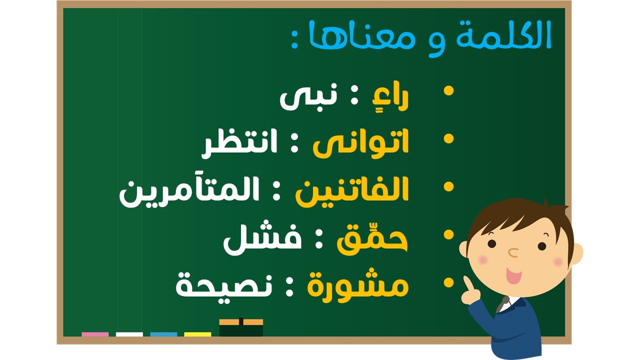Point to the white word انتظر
pos(239,143)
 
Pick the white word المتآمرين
pos(189,191)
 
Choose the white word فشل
pos(262,238)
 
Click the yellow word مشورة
pos(357,285)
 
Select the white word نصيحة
pos(224,285)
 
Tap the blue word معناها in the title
pos(362,35)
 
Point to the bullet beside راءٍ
pos(448,91)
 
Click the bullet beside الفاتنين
pos(448,187)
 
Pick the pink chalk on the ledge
pos(95,334)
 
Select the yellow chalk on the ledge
pos(197,334)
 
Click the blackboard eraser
pos(241,327)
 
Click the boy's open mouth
pos(513,275)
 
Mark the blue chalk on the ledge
pos(163,334)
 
